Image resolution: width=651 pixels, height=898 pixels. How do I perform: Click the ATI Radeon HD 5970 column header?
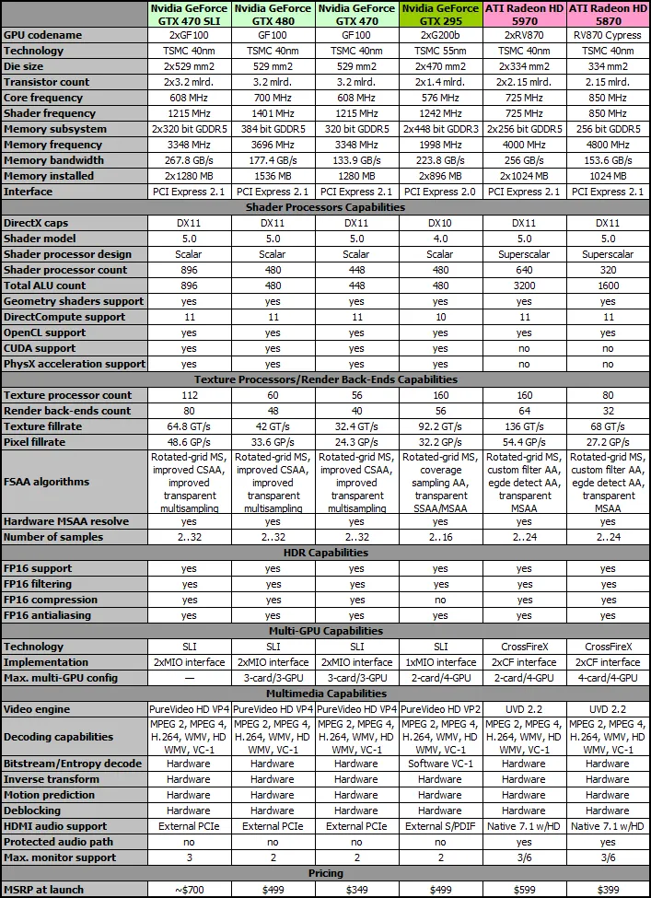pos(524,14)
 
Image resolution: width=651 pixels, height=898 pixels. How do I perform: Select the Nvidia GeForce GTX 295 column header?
pos(440,14)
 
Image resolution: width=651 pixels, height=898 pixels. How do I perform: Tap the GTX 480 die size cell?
pos(273,66)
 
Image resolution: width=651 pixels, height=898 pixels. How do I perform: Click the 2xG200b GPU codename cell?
pos(440,35)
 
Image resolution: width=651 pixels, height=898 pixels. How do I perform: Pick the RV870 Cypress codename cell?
pos(608,35)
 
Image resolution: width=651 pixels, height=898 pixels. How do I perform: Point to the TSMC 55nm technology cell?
pos(440,51)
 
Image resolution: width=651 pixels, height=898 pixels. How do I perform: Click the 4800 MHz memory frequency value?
pos(608,145)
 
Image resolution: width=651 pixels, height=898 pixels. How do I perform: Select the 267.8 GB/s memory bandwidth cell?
pos(189,160)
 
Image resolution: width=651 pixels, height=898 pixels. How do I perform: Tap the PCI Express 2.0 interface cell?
pos(440,192)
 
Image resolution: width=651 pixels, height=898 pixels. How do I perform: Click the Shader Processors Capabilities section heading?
pos(326,207)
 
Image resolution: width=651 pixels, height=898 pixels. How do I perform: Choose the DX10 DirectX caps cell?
pos(440,223)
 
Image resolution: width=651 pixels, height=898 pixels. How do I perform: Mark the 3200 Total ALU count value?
pos(524,286)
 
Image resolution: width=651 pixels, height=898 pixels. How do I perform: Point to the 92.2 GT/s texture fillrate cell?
pos(440,426)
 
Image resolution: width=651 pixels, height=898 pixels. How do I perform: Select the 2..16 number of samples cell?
pos(440,537)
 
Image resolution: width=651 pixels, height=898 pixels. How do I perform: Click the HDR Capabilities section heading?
pos(326,553)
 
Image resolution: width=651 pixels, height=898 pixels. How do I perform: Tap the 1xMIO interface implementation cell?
pos(440,662)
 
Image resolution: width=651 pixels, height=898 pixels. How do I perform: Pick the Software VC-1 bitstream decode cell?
pos(440,764)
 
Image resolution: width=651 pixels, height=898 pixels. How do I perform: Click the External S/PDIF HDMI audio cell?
pos(440,826)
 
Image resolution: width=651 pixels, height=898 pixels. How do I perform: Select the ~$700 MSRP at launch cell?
pos(189,889)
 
